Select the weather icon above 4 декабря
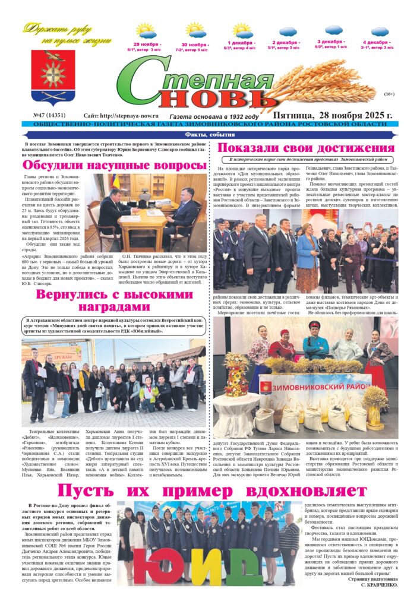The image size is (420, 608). click(x=379, y=31)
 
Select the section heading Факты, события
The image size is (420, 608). click(x=210, y=135)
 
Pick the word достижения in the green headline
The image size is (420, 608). click(x=345, y=148)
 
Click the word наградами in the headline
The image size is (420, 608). click(x=112, y=307)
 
